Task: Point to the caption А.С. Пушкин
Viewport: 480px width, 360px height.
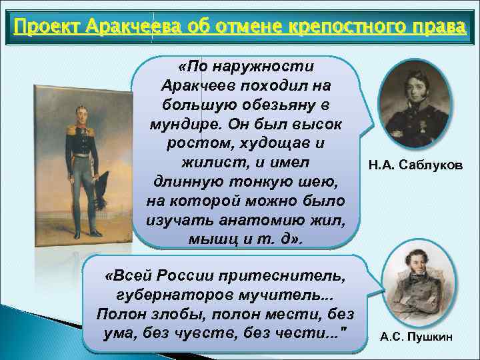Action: pos(416,337)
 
